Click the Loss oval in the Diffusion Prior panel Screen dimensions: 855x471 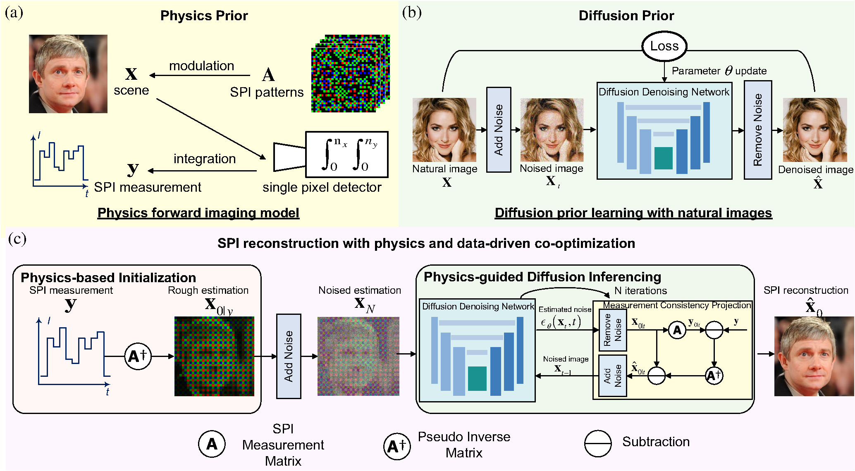(664, 46)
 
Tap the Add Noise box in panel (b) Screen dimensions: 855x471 (499, 129)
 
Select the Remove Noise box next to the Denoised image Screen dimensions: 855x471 (757, 130)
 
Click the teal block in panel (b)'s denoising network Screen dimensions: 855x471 (663, 158)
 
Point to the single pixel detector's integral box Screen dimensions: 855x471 (346, 154)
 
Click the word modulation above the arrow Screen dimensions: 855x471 (202, 66)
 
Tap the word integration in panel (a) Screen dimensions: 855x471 (205, 159)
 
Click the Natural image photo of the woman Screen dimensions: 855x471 (444, 130)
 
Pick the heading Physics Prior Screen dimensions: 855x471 (204, 16)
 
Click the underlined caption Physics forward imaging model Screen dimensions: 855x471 (198, 213)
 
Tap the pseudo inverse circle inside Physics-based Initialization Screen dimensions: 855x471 (138, 356)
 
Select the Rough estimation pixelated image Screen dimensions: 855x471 (214, 356)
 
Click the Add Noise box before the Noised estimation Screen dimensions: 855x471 (289, 356)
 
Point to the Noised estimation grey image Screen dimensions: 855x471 (358, 356)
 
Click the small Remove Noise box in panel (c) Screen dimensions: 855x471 (613, 330)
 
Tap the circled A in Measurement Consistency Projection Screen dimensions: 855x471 (677, 330)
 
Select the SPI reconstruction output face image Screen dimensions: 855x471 (814, 356)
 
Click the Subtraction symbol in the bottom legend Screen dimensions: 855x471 (598, 443)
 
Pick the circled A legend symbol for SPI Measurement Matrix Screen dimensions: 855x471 (212, 444)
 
